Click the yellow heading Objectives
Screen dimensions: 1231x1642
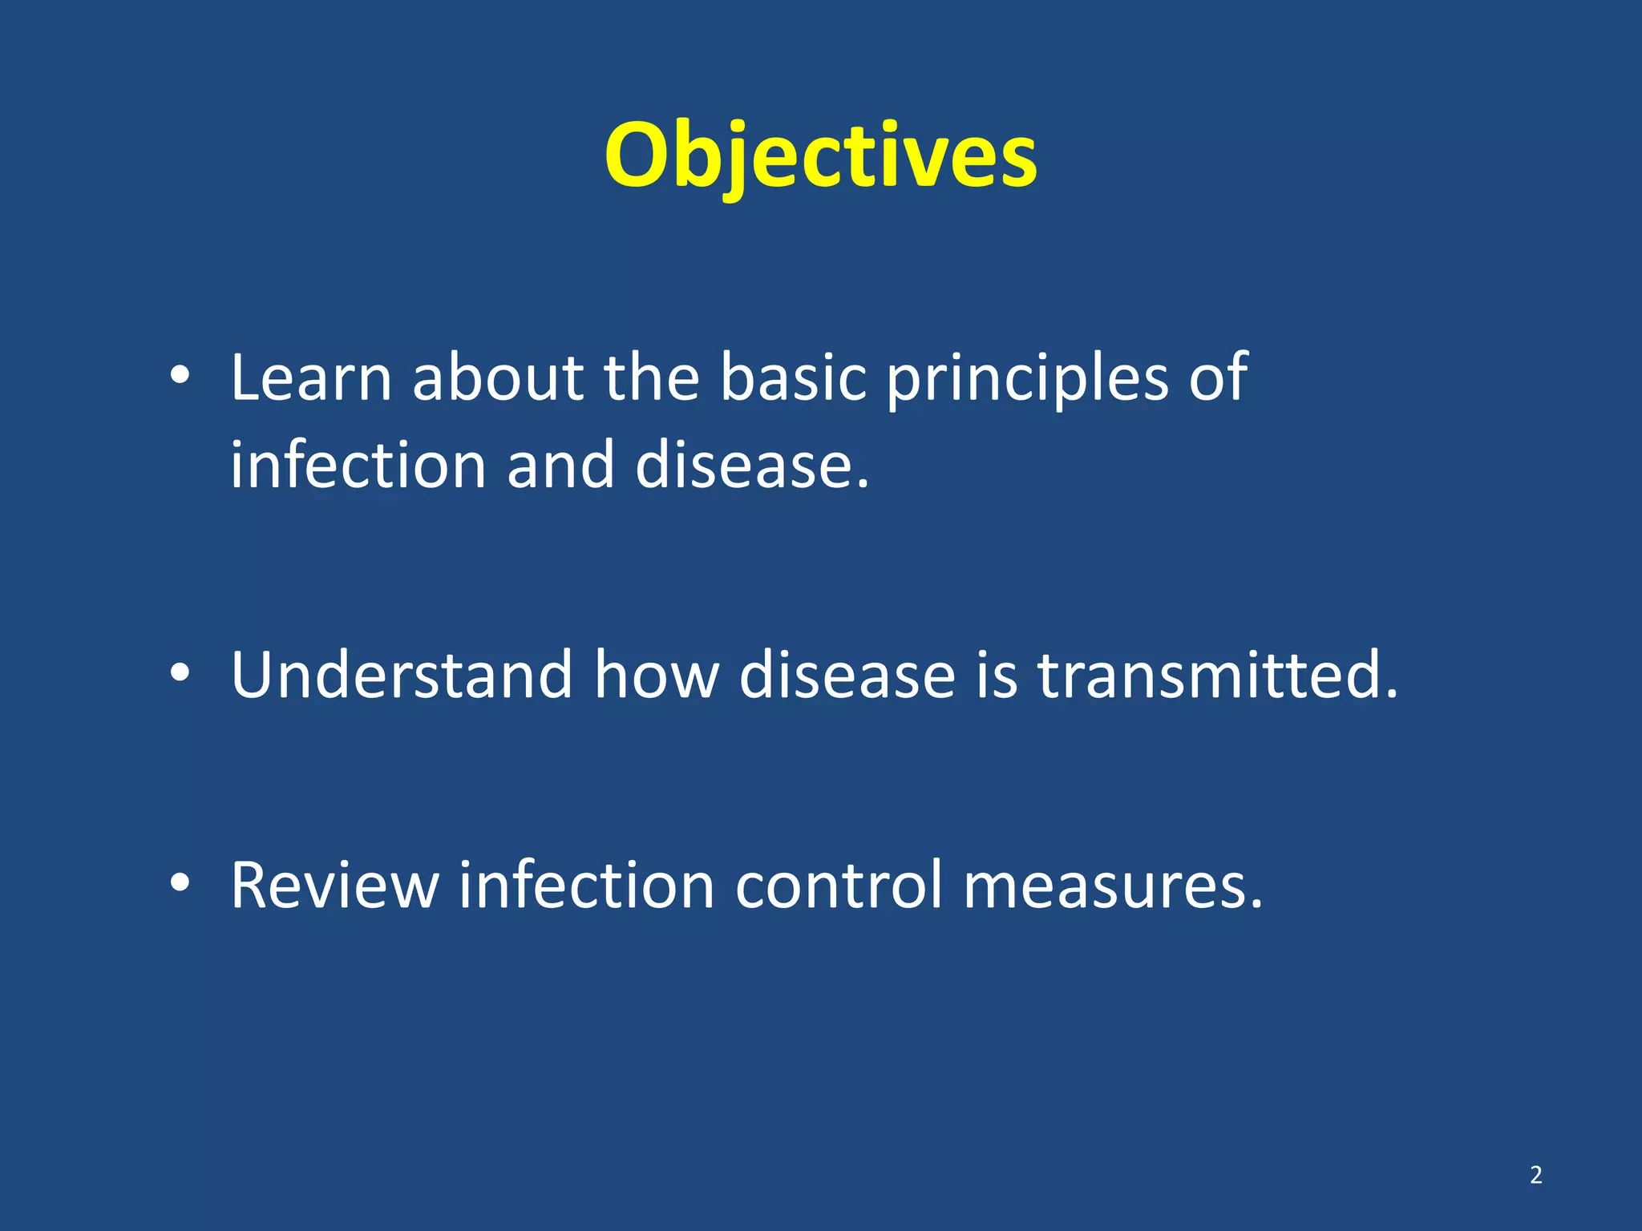(820, 155)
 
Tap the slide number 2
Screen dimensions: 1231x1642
(1535, 1175)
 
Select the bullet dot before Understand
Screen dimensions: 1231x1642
(180, 673)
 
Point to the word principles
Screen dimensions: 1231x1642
(1027, 378)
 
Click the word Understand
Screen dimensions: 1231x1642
(402, 675)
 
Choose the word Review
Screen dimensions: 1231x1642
(334, 885)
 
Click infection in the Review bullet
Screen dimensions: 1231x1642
(586, 885)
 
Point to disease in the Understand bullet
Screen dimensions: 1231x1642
(847, 675)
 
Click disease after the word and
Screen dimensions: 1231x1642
(751, 465)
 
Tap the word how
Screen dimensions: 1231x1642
(656, 675)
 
